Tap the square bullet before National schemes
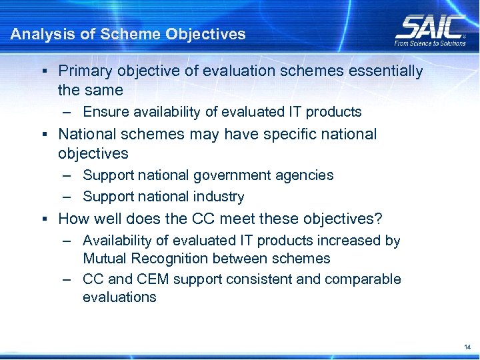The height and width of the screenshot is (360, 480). (43, 135)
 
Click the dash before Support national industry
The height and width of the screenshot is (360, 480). (69, 197)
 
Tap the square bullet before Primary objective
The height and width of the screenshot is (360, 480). (43, 71)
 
